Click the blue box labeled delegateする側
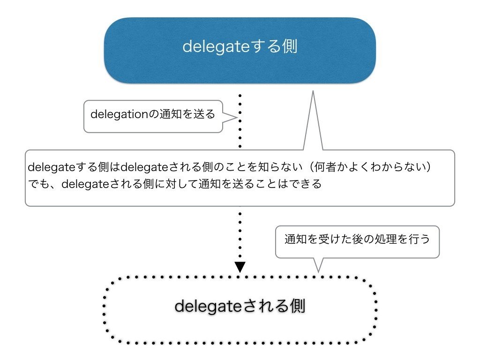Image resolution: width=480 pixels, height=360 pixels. (x=240, y=51)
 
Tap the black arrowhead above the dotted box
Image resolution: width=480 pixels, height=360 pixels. (x=240, y=267)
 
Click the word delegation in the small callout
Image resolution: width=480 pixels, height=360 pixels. (x=119, y=114)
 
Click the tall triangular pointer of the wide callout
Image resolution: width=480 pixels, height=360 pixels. (x=313, y=122)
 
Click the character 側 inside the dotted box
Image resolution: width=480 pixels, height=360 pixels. (x=297, y=307)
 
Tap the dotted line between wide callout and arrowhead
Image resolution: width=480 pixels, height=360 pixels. (x=240, y=234)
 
